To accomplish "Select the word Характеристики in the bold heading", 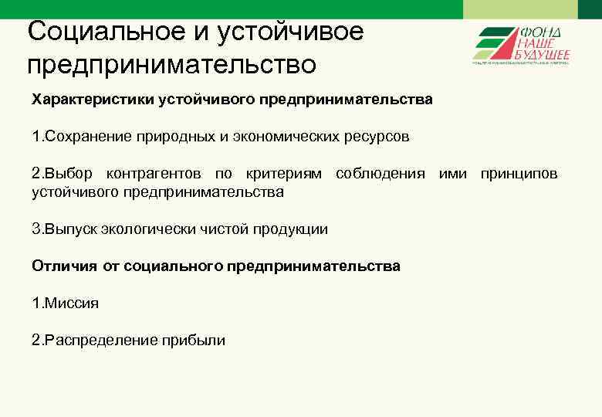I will [93, 100].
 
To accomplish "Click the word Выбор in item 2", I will [68, 174].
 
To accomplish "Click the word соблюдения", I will [380, 174].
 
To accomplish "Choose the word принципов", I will [519, 174].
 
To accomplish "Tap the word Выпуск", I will [68, 229].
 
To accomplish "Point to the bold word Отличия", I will [64, 266].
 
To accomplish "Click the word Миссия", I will [71, 303].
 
